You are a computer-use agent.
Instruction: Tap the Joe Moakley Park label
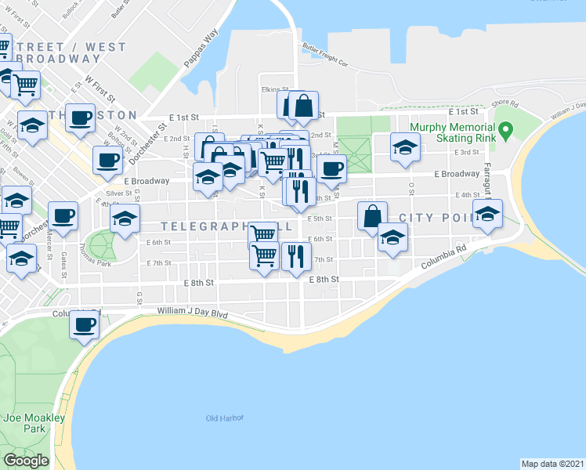point(33,423)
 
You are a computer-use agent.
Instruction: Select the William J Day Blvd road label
point(192,313)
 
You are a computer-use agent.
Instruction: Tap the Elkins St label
point(276,89)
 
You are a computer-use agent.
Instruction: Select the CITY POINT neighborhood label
point(437,217)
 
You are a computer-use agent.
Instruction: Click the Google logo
point(27,460)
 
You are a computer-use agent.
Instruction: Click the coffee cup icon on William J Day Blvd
point(84,324)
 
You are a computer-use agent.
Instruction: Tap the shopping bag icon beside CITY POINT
point(373,215)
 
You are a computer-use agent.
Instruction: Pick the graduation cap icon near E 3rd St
point(404,146)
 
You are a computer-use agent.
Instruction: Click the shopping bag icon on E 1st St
point(303,105)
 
